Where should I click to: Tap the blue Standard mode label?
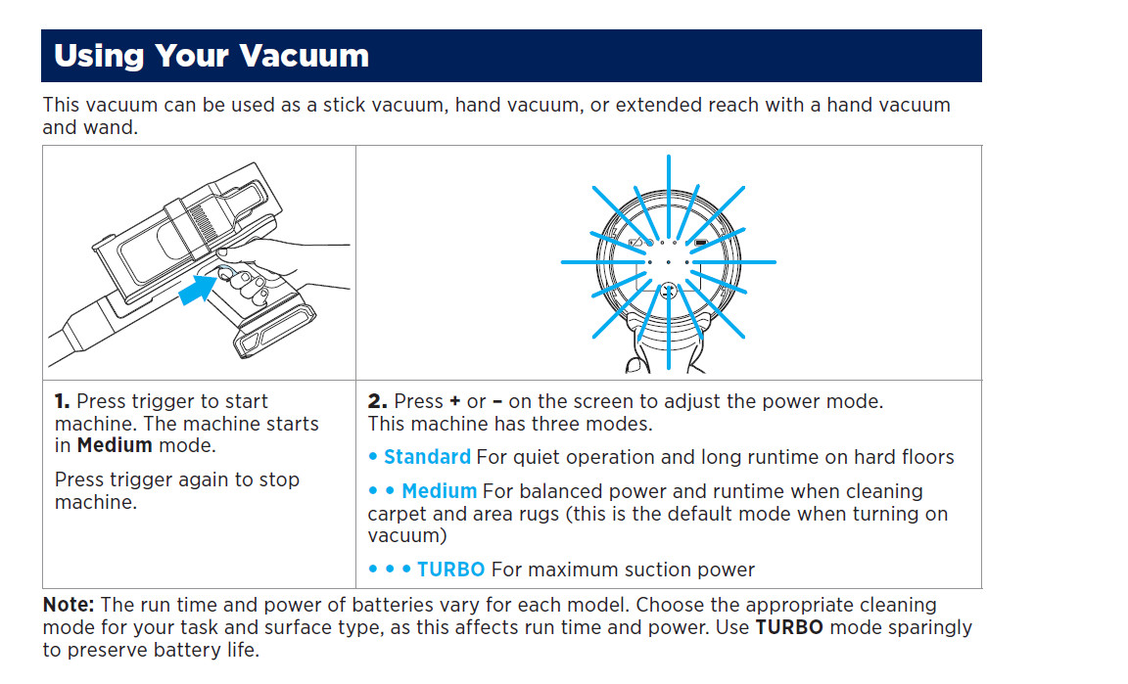pos(427,457)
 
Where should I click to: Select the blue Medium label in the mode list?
pos(439,491)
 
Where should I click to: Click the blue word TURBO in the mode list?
pos(451,570)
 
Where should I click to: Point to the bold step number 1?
pos(62,402)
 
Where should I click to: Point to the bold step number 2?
pos(377,402)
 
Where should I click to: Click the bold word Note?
pos(69,605)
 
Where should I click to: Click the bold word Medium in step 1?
pos(115,446)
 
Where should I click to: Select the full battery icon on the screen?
pos(701,242)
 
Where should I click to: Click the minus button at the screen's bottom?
pos(668,290)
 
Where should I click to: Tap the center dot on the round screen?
pos(668,262)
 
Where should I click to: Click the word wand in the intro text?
pos(96,128)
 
